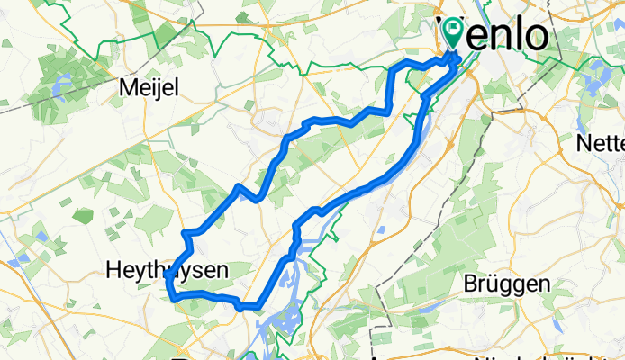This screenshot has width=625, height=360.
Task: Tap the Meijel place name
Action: (x=150, y=88)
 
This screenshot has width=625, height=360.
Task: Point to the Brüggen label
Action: (x=506, y=283)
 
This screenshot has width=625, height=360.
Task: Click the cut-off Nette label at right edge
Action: (x=605, y=142)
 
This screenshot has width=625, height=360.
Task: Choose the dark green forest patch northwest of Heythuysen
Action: (x=82, y=216)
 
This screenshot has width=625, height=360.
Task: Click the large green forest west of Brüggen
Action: (x=423, y=279)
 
